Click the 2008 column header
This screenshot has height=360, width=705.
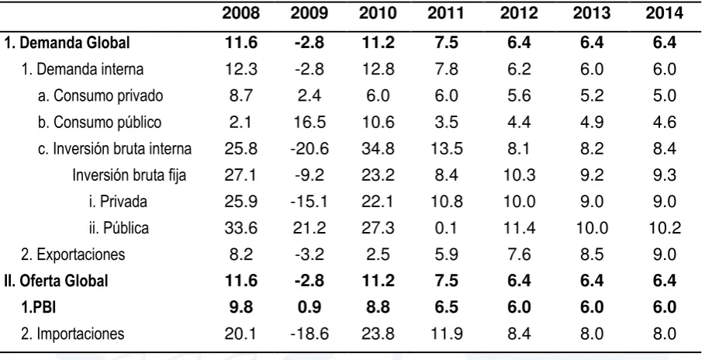point(240,13)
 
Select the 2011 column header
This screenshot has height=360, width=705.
point(446,13)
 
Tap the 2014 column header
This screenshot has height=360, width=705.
point(665,13)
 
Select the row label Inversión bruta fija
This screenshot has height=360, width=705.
point(129,175)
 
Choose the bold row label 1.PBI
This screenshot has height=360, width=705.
point(39,307)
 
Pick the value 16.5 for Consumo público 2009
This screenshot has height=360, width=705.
point(309,123)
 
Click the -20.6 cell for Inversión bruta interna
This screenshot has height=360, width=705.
point(309,148)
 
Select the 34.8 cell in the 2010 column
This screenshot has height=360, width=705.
point(378,148)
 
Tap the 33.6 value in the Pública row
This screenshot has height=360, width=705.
point(240,227)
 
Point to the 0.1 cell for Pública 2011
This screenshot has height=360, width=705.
point(446,227)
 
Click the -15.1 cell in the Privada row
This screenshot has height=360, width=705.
point(309,201)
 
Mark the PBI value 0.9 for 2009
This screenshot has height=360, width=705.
point(309,307)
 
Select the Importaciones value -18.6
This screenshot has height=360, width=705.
point(309,334)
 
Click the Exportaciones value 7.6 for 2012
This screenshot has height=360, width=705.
point(519,254)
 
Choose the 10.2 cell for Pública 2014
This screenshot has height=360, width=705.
point(665,227)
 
